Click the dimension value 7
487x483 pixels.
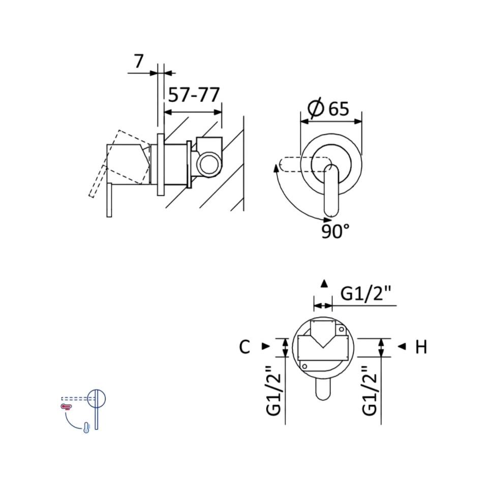coord(139,61)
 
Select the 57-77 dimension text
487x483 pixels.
coord(194,95)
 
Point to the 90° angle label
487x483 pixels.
coord(335,231)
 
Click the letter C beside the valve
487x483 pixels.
coord(245,347)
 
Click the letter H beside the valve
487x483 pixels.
coord(421,347)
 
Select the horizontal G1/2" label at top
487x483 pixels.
coord(365,293)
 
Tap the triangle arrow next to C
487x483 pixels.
coord(266,346)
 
